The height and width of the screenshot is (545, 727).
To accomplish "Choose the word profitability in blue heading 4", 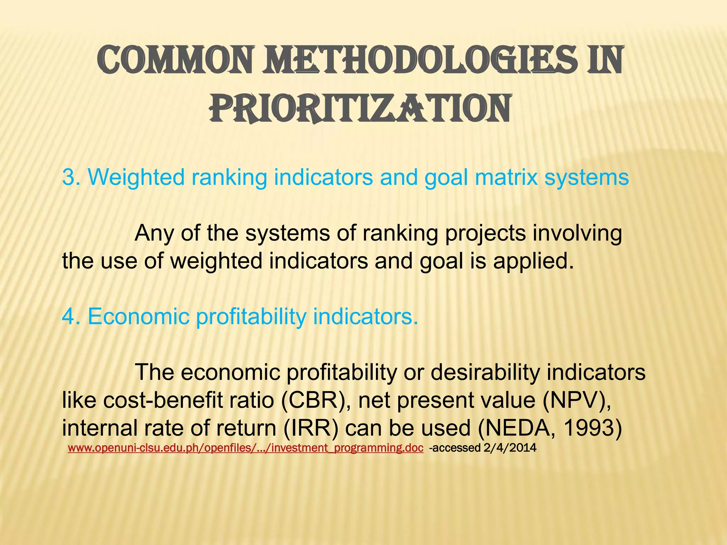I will [251, 316].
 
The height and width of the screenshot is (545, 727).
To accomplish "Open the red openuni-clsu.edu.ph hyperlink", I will [245, 448].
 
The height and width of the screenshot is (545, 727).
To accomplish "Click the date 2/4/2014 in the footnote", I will [510, 448].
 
